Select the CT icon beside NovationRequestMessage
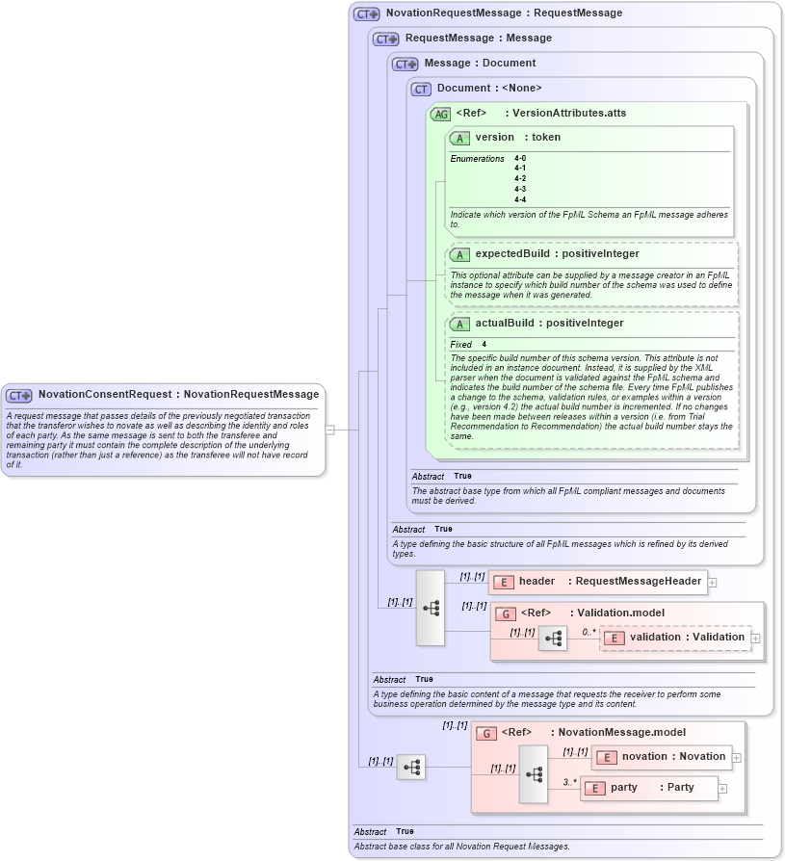366,13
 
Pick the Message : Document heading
480,64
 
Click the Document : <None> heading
489,89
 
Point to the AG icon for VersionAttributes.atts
440,114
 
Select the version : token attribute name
517,138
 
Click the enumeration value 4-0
520,158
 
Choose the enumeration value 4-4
520,199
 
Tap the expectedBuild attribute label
557,254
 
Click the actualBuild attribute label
549,324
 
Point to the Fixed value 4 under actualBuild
484,344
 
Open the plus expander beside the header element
712,582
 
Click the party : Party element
650,788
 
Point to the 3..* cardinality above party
570,781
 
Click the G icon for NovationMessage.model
486,733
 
